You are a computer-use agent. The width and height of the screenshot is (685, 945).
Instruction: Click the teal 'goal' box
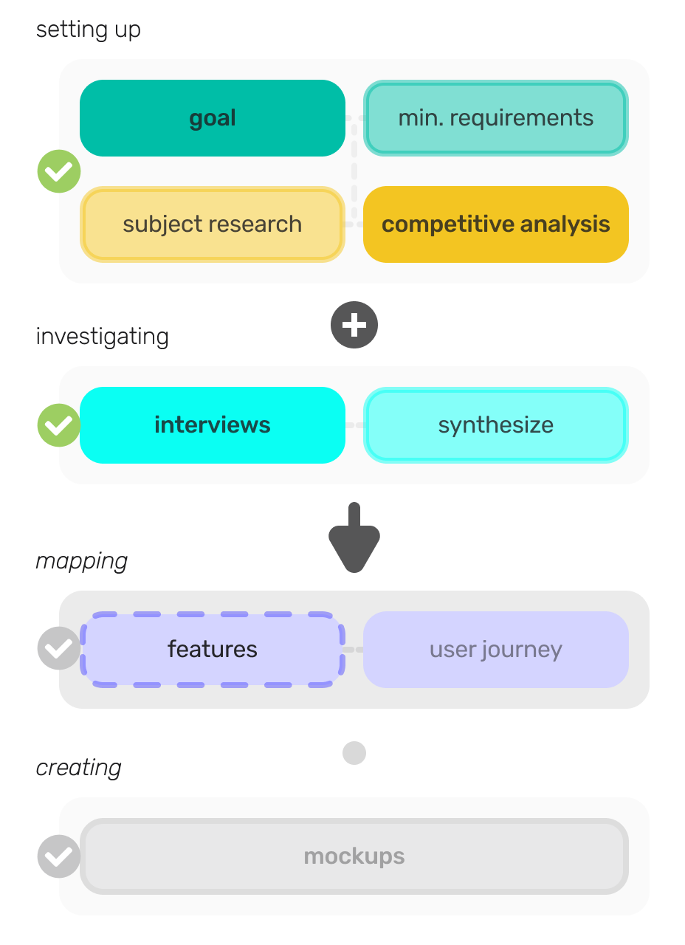(x=213, y=118)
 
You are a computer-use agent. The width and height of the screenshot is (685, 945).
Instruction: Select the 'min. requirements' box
(x=495, y=118)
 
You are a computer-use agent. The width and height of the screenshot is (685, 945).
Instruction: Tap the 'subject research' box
(x=213, y=224)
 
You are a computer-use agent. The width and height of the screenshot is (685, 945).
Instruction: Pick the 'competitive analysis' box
(x=495, y=224)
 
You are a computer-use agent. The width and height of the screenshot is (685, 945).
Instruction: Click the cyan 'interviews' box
(x=213, y=425)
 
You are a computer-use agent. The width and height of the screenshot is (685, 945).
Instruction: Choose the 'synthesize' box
(x=495, y=425)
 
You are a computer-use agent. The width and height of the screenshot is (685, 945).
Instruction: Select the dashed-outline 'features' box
(x=213, y=650)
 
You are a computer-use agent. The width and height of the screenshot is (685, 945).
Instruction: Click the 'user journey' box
(x=495, y=650)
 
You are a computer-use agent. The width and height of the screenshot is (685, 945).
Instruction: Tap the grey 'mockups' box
(x=354, y=856)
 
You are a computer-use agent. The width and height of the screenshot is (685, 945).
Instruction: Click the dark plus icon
(x=354, y=325)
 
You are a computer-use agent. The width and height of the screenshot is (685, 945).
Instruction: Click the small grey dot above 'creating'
(x=354, y=753)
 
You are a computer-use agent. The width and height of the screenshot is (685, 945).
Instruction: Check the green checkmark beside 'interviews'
(x=59, y=425)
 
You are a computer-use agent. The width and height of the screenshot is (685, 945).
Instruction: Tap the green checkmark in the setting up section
(x=59, y=171)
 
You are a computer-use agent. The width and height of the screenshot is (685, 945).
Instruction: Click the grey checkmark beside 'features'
(x=59, y=648)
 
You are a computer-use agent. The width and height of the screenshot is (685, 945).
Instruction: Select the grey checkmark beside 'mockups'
(x=59, y=856)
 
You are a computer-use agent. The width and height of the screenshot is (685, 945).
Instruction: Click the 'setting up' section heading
(x=89, y=30)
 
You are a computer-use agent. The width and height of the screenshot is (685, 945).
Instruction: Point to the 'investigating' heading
(x=102, y=337)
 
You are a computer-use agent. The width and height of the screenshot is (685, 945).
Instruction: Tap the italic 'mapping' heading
(x=82, y=561)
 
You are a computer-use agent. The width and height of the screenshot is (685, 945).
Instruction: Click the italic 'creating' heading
(x=79, y=768)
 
